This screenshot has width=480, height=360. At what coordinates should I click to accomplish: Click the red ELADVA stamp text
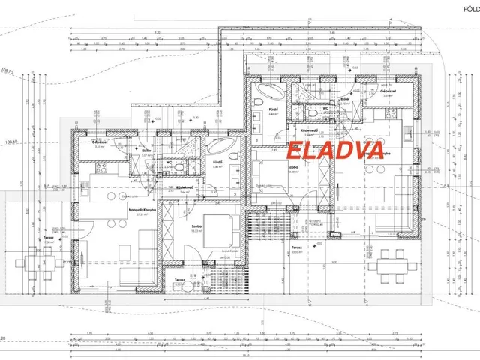coord(335,148)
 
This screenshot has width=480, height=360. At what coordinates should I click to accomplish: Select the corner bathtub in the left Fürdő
coord(220,145)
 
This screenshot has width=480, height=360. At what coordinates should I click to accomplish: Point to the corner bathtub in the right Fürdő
coord(266,96)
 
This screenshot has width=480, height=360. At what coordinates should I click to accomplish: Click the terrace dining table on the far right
coord(389,265)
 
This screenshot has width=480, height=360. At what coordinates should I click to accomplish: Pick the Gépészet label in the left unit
coord(101,142)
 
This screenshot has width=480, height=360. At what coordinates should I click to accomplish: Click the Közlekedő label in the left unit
coord(185,188)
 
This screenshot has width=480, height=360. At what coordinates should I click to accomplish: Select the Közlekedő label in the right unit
coord(311,128)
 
